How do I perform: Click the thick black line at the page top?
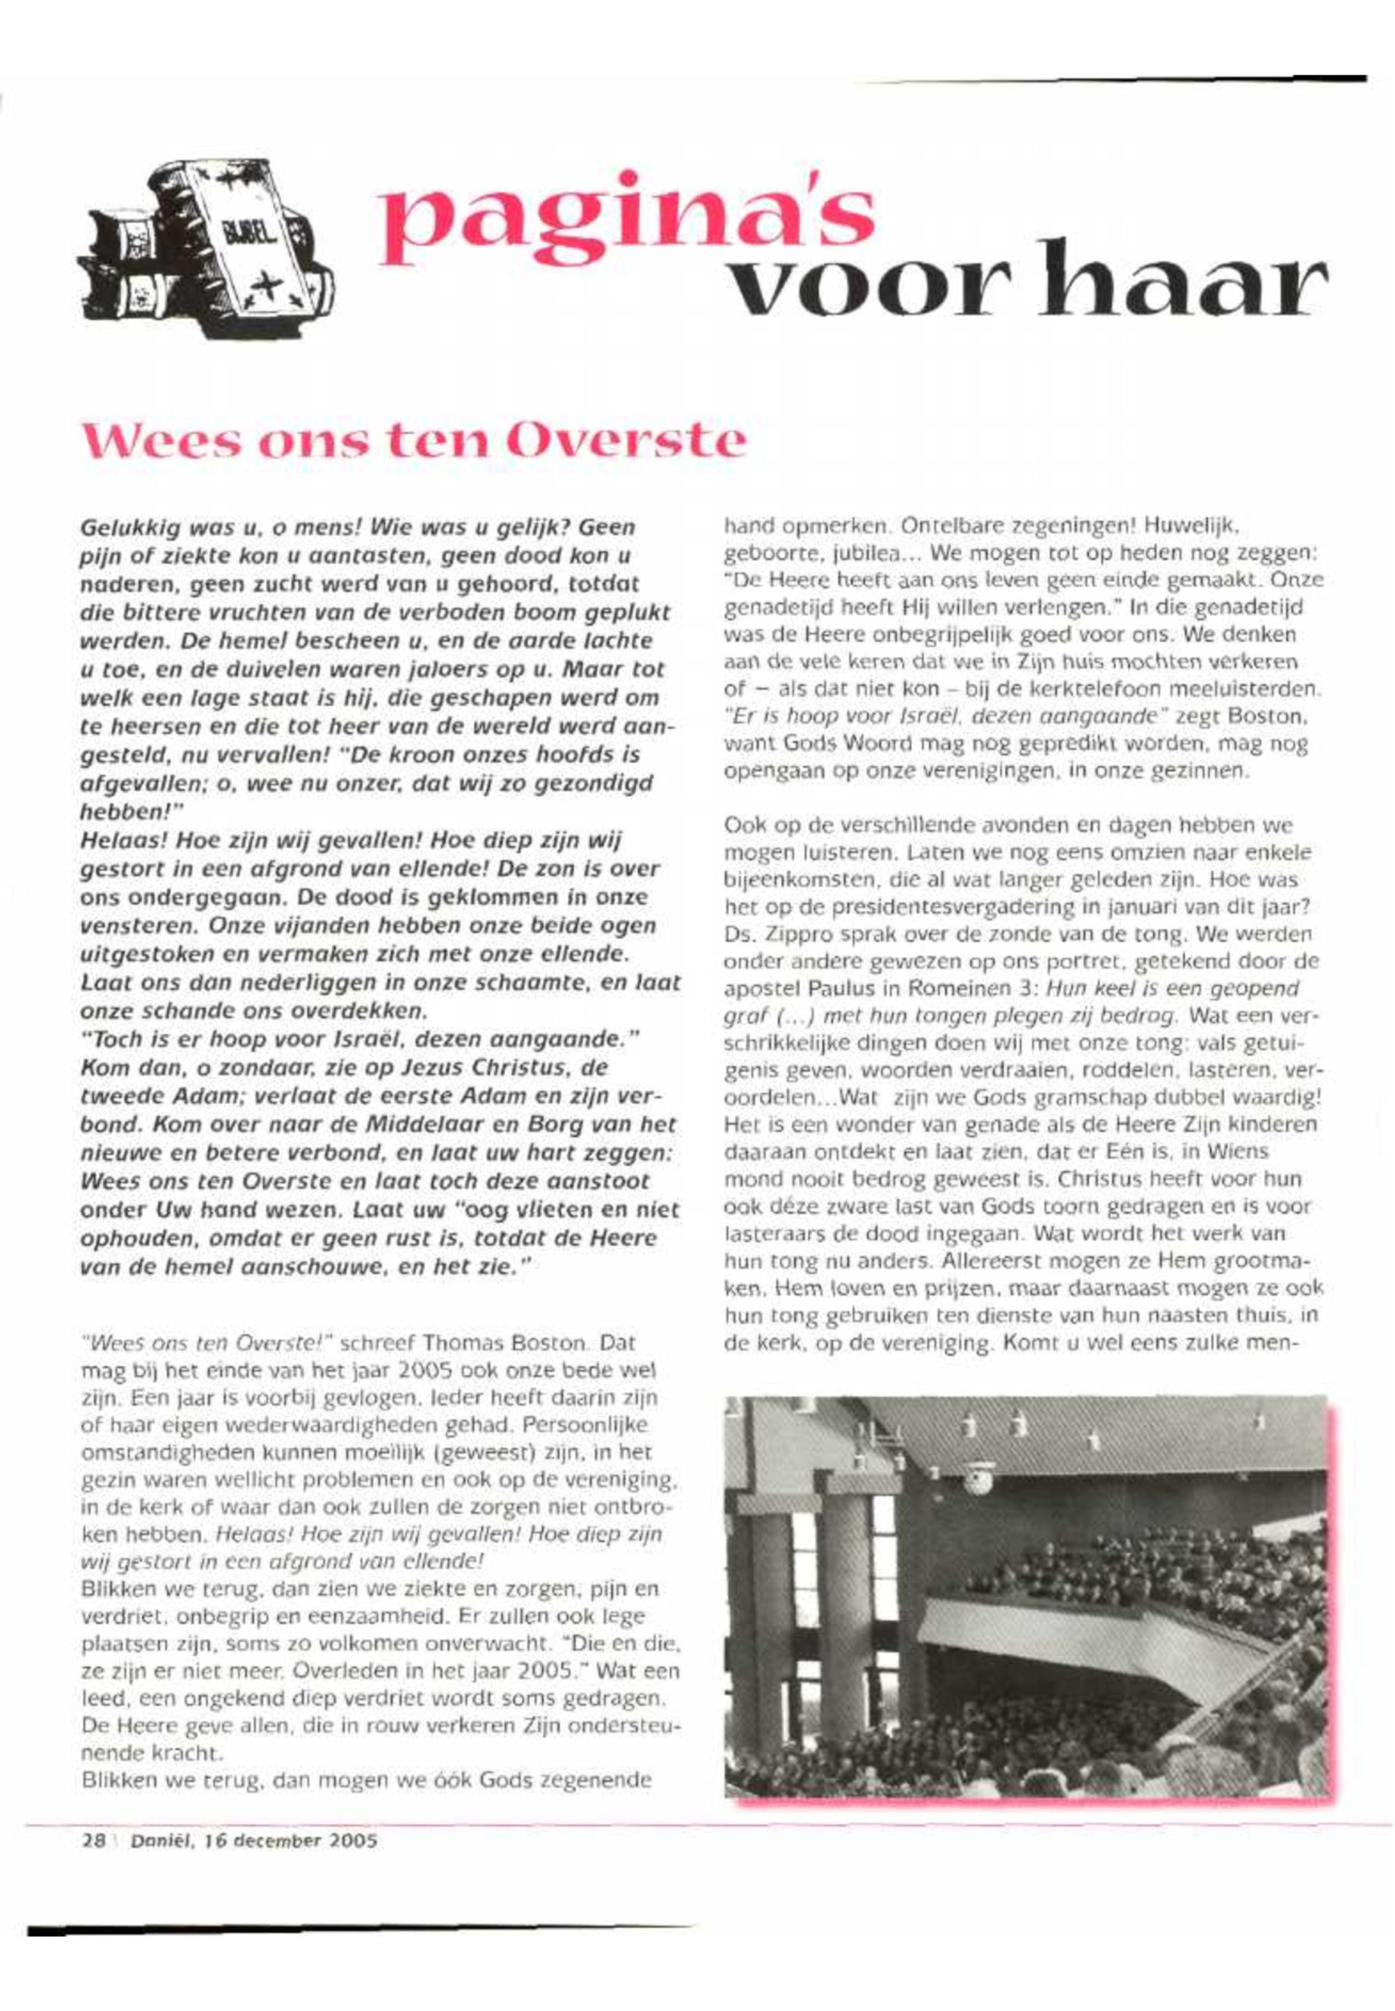coord(1110,80)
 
